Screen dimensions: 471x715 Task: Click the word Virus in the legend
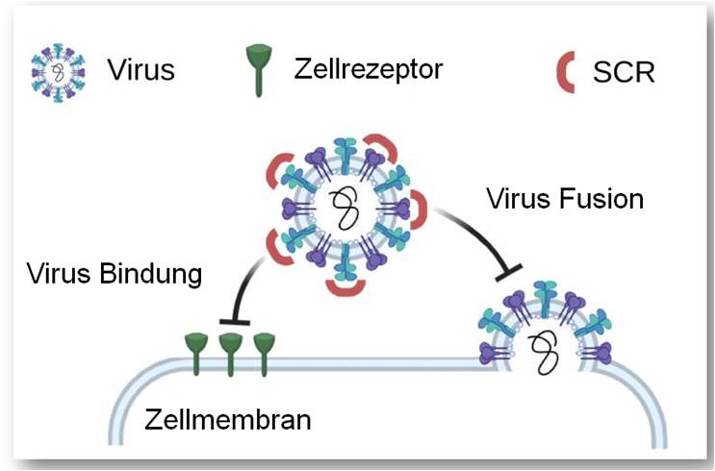click(x=140, y=69)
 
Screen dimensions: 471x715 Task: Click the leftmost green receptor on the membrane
click(x=195, y=347)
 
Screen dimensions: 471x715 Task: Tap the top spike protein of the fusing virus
click(x=543, y=293)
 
